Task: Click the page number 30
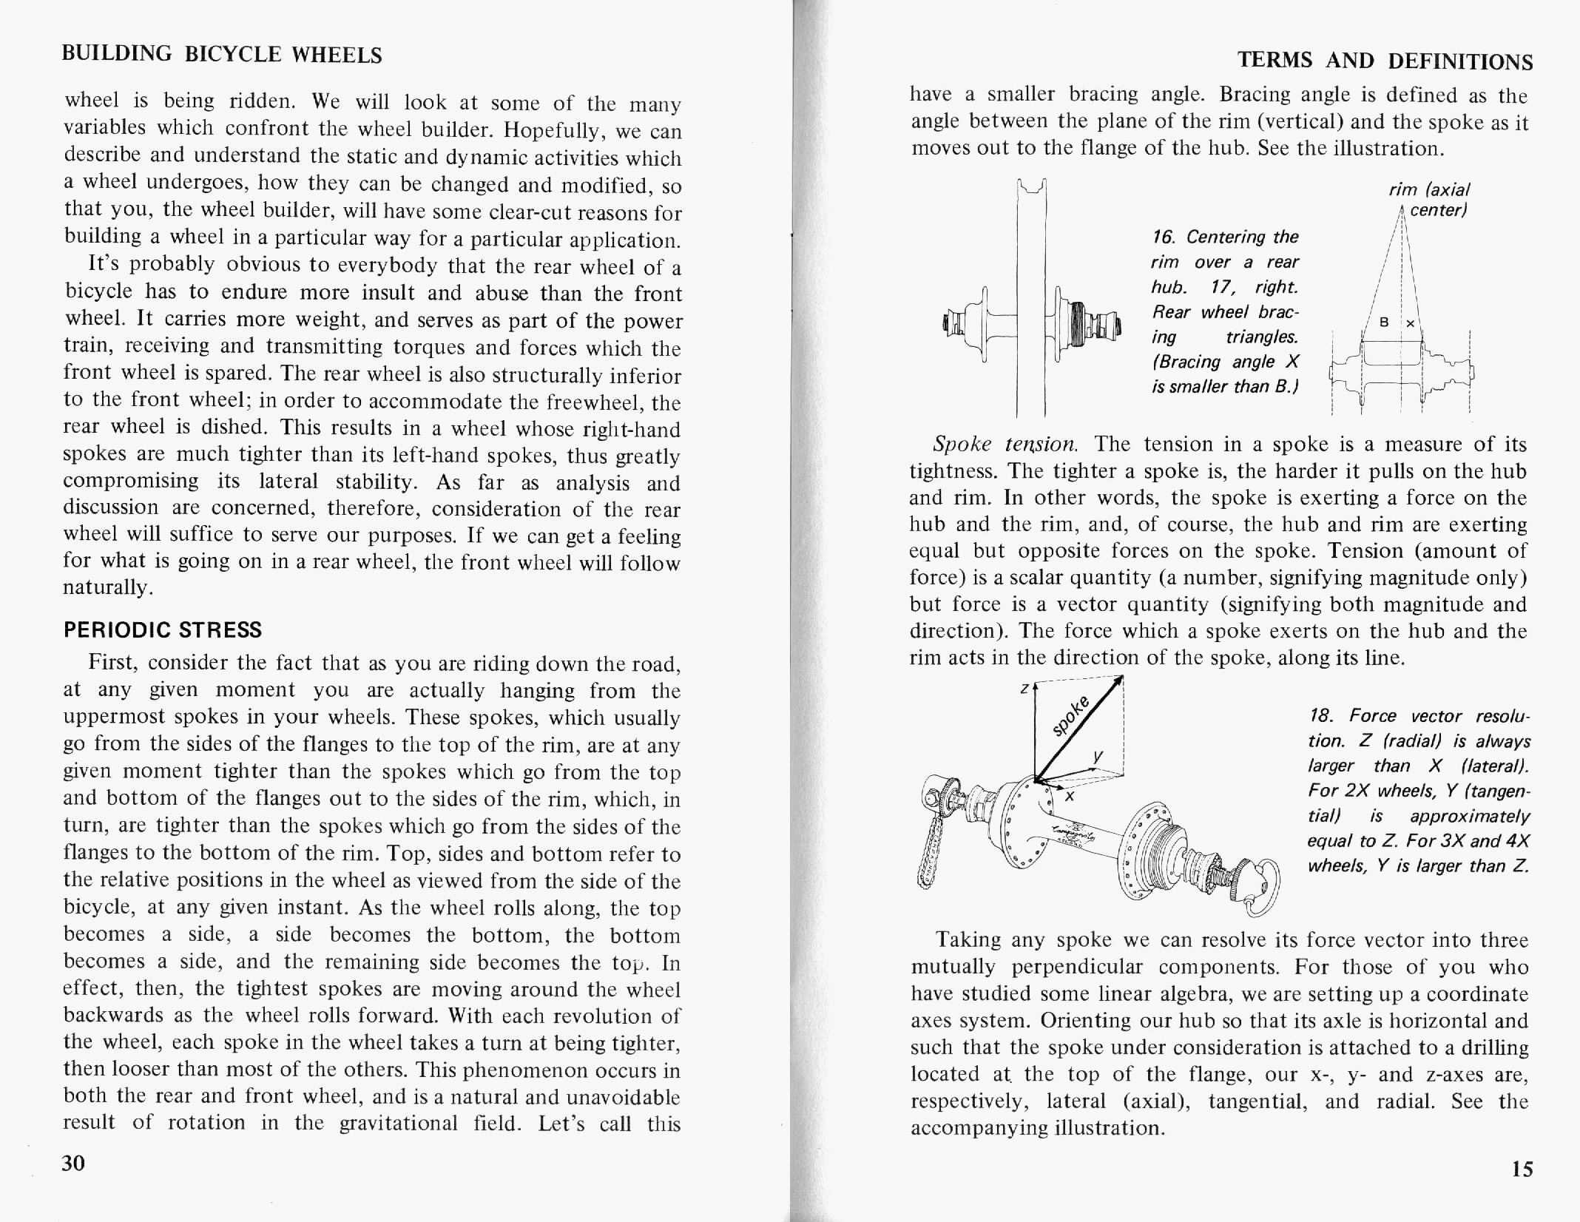point(73,1164)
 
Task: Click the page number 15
point(1522,1169)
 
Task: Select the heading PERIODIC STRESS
point(163,630)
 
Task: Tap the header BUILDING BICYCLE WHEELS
point(222,54)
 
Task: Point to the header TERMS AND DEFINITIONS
point(1385,61)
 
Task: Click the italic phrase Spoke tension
point(1005,444)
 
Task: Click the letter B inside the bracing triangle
point(1385,323)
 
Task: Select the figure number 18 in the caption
point(1320,716)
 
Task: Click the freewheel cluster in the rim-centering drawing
point(1077,325)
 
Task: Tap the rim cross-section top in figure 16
point(1032,188)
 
